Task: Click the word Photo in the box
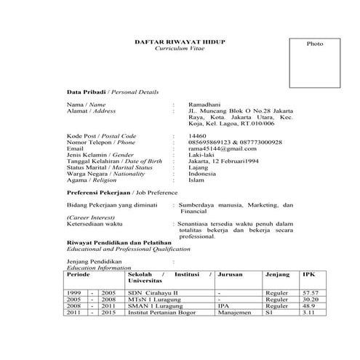tap(314, 44)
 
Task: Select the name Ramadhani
tap(203, 105)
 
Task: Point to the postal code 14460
tap(197, 136)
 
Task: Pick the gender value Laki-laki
tap(199, 154)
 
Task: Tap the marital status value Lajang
tap(198, 167)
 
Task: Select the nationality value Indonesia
tap(202, 173)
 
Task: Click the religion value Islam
tap(196, 180)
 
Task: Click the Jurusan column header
tap(230, 276)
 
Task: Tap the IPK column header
tap(308, 276)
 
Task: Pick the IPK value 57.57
tap(311, 292)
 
